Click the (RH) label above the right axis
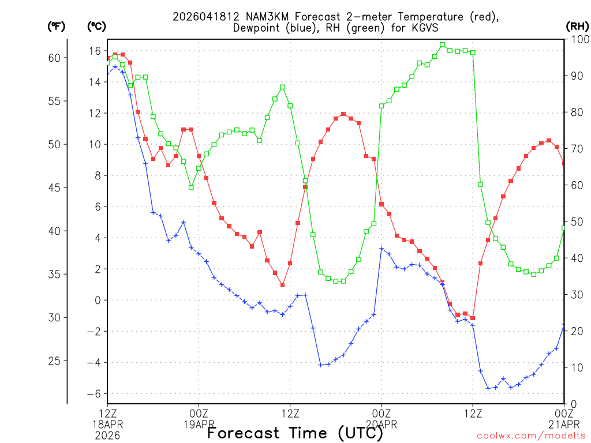click(577, 26)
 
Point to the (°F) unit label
click(56, 26)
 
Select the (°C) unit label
click(96, 26)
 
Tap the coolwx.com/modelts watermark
click(531, 436)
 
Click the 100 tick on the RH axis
click(577, 39)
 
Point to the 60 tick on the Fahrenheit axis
click(54, 58)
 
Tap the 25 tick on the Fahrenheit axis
click(54, 361)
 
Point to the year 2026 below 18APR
click(108, 436)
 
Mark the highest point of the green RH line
click(442, 44)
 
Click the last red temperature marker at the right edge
click(564, 163)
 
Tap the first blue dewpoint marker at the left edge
click(108, 73)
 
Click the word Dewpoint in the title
click(258, 28)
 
